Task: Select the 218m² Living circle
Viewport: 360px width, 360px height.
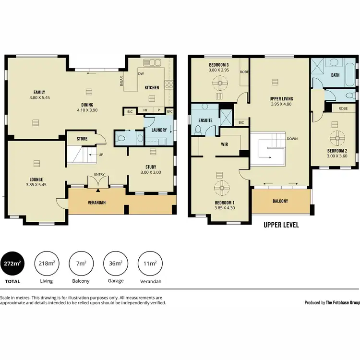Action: (46, 263)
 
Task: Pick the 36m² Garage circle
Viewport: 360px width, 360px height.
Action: (116, 263)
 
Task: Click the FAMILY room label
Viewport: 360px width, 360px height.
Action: (39, 92)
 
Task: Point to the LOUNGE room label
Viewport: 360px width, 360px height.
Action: (37, 180)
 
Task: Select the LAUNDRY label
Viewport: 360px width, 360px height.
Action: (159, 130)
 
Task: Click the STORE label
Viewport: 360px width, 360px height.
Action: (82, 139)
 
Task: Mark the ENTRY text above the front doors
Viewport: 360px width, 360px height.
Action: (99, 174)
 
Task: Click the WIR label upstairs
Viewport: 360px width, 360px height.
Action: (224, 144)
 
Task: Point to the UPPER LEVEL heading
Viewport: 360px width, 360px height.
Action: (281, 225)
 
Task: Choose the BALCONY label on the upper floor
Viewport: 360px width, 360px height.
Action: (280, 201)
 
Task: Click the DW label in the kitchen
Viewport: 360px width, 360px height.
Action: (141, 74)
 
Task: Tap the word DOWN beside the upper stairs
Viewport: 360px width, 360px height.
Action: (292, 139)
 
